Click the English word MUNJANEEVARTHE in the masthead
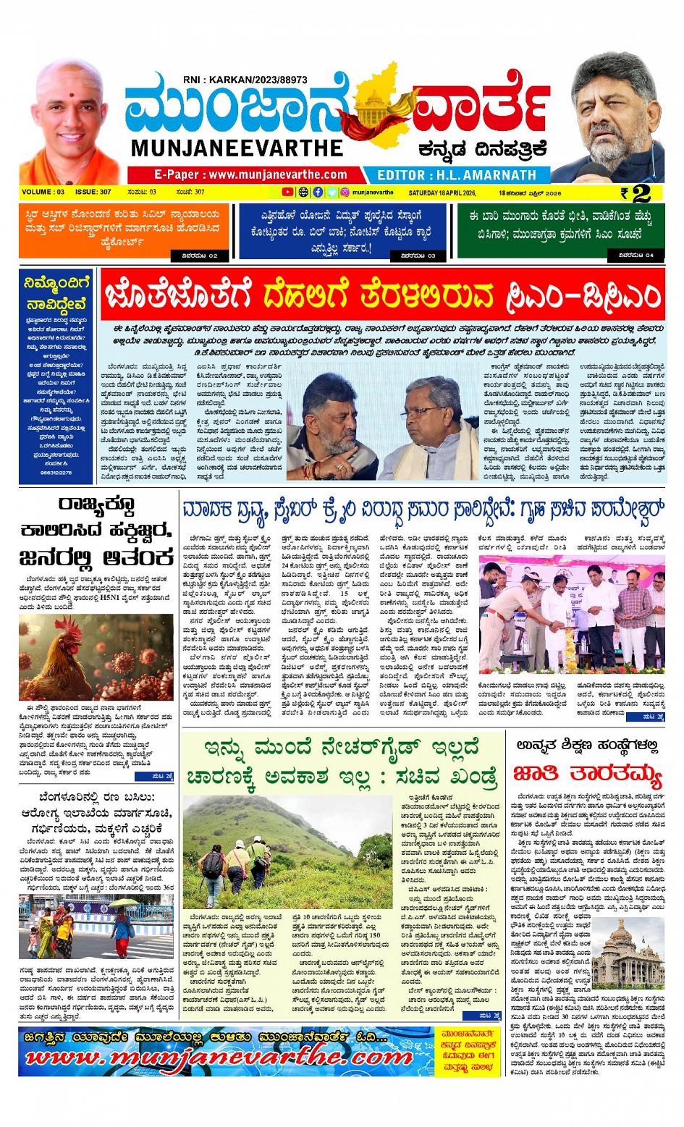(237, 148)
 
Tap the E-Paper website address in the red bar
(250, 174)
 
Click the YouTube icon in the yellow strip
(287, 193)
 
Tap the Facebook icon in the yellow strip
(318, 193)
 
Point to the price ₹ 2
(635, 193)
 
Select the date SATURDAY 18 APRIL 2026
(442, 193)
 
